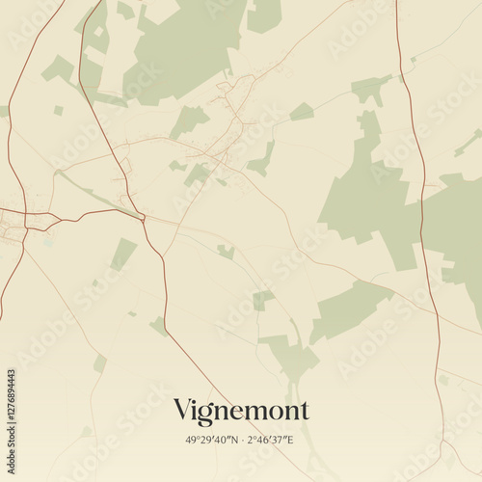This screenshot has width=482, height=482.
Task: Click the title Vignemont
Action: pos(241,411)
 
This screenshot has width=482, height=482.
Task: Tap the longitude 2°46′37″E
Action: pos(273,440)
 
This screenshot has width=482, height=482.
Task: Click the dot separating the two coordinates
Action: pos(241,440)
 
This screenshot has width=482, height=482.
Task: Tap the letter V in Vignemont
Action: pos(182,410)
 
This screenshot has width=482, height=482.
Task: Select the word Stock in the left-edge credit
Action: pos(11,352)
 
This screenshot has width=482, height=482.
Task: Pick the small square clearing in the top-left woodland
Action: pos(98,32)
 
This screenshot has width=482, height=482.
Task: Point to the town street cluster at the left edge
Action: pos(13,229)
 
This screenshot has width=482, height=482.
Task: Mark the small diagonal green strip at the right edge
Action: pos(468,143)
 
